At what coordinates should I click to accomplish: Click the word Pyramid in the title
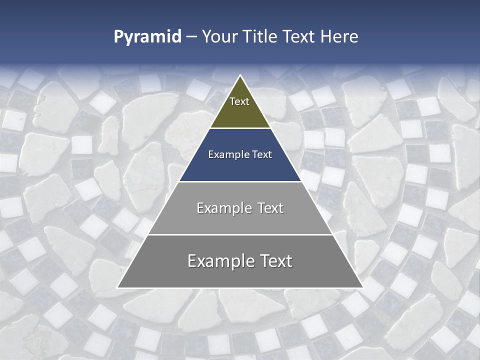pos(147,37)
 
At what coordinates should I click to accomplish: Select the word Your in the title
pos(219,37)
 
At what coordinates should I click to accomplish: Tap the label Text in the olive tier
pos(239,101)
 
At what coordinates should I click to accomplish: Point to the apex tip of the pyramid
pos(240,76)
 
